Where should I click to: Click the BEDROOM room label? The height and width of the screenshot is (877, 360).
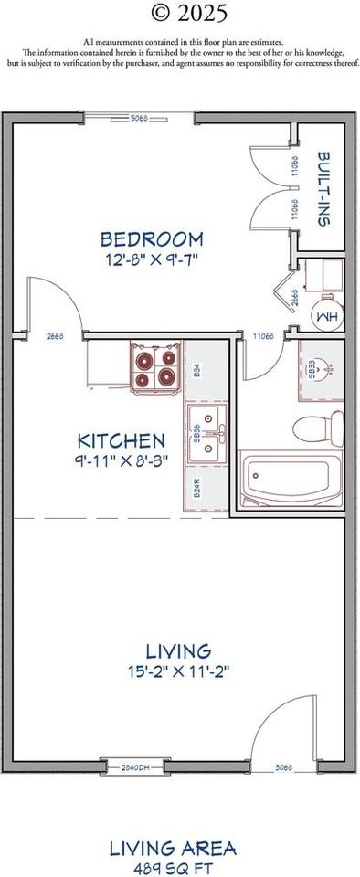click(152, 239)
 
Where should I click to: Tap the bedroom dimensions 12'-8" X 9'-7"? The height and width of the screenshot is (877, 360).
click(152, 259)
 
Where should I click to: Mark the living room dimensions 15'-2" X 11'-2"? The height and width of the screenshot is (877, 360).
click(180, 671)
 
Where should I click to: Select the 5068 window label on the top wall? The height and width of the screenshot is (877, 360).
click(140, 118)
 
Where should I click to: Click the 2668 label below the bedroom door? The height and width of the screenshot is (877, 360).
click(55, 337)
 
